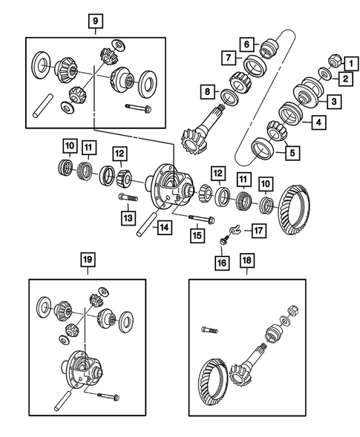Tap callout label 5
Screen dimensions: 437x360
click(x=292, y=154)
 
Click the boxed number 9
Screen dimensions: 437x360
click(x=95, y=21)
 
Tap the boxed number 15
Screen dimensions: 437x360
click(x=197, y=236)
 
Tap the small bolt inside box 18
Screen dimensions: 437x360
click(x=206, y=329)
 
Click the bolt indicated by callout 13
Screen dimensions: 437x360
click(x=125, y=198)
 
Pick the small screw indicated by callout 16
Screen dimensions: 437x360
click(x=223, y=242)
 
